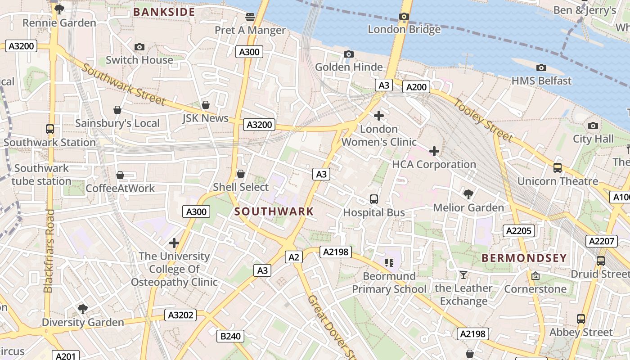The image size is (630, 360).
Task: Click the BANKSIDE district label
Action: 164,12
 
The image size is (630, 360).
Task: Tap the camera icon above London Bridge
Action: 404,17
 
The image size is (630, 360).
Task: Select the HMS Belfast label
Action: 541,81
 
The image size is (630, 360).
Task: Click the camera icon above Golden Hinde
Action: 348,54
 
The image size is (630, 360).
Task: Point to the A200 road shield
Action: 416,87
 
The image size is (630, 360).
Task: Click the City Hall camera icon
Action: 593,126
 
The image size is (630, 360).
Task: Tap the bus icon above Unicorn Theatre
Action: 558,168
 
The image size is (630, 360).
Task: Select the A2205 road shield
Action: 519,231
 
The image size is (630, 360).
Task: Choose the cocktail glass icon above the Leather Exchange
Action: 463,275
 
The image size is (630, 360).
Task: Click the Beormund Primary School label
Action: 389,283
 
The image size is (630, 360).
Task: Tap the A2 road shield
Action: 293,257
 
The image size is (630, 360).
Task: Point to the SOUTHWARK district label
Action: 274,211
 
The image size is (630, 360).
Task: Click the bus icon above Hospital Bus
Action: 373,199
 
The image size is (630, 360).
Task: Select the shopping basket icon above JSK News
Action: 206,105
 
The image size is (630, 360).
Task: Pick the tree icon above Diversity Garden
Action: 83,309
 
